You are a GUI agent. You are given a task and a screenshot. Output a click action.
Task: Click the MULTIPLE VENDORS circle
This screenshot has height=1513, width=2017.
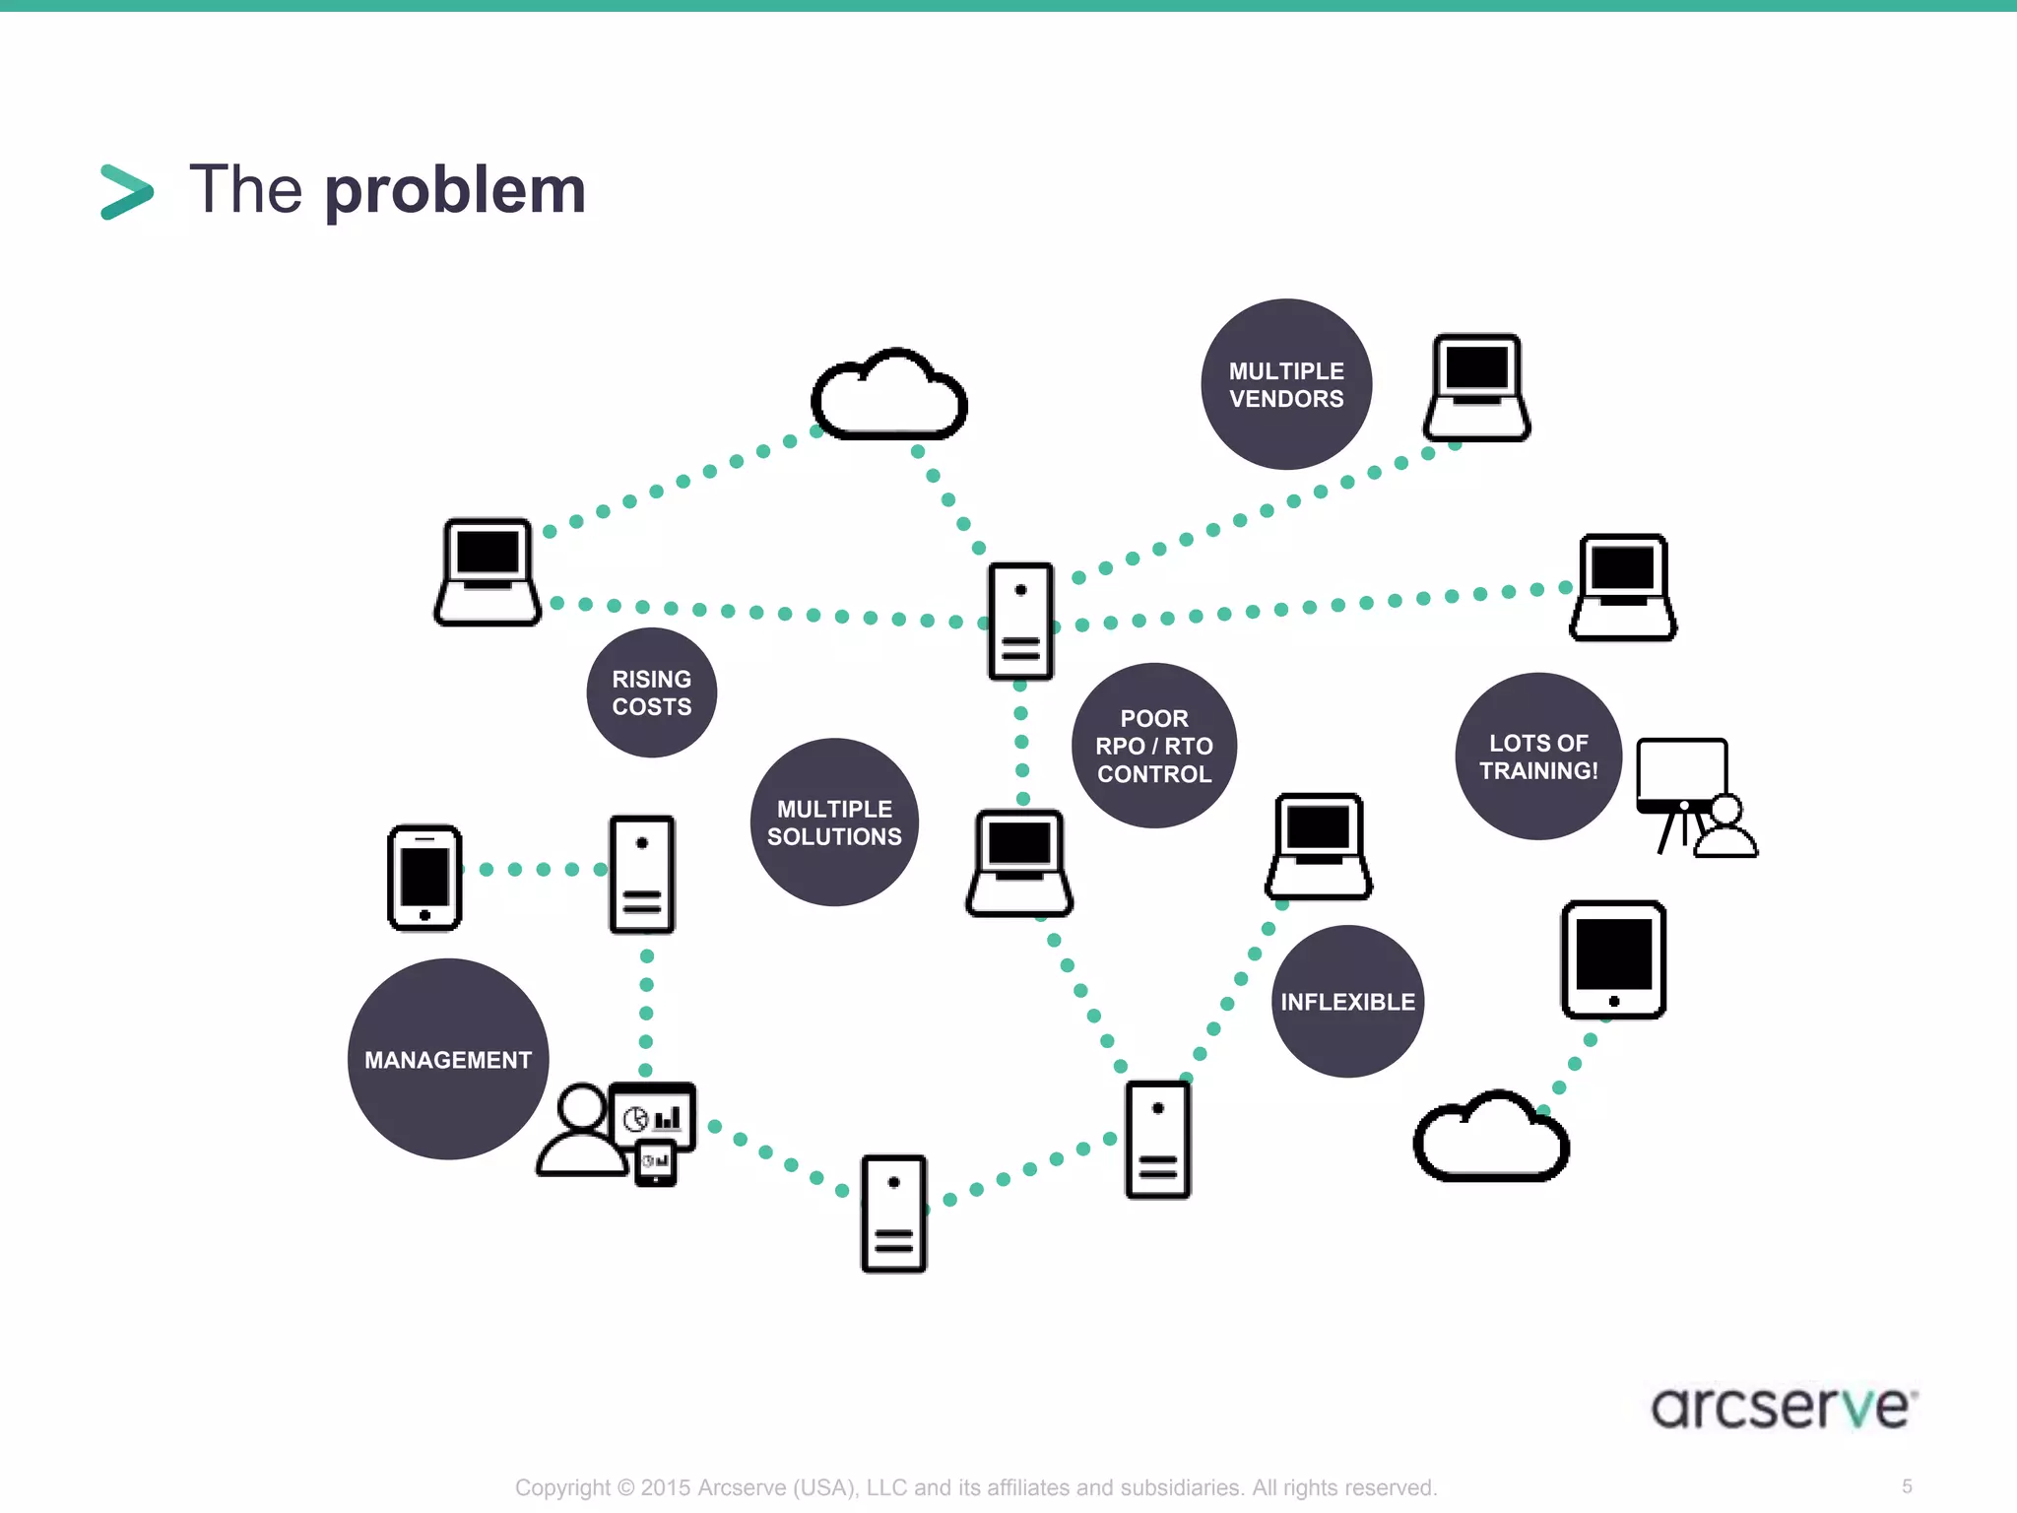(1285, 384)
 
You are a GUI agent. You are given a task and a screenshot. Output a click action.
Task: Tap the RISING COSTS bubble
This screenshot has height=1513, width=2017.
(651, 692)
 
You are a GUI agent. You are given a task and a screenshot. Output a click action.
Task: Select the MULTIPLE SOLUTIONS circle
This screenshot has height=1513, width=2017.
(834, 822)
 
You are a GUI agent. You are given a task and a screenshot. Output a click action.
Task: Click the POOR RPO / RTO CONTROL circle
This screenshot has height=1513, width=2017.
(1153, 746)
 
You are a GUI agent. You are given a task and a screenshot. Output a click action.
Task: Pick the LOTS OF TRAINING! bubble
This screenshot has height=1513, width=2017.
(1537, 756)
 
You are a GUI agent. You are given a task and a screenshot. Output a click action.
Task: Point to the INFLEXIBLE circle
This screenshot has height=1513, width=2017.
(1346, 1002)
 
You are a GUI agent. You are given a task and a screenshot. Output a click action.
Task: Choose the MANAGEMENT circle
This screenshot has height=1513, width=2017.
(448, 1059)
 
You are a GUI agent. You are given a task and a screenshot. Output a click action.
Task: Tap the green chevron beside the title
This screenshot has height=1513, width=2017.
(127, 191)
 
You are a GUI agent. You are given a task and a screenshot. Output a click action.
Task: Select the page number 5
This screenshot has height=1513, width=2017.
(1907, 1486)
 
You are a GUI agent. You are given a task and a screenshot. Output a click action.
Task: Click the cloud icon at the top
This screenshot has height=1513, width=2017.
(888, 396)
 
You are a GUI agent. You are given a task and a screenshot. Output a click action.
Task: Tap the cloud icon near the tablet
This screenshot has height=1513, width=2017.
(1490, 1138)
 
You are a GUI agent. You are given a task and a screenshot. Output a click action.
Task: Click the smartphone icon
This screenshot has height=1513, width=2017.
(424, 878)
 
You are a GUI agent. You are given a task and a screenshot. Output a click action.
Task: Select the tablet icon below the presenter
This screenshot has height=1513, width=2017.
(1613, 959)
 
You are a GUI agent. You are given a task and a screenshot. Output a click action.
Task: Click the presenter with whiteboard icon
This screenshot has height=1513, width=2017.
(1694, 796)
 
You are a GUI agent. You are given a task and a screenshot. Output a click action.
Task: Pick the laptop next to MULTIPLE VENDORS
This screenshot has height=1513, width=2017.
(1475, 388)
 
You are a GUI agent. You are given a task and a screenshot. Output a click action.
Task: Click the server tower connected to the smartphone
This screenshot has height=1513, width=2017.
(641, 874)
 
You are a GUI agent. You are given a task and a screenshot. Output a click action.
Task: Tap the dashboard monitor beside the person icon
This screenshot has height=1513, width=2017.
(652, 1117)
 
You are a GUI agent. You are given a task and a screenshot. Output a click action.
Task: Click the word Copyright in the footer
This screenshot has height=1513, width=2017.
(561, 1487)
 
